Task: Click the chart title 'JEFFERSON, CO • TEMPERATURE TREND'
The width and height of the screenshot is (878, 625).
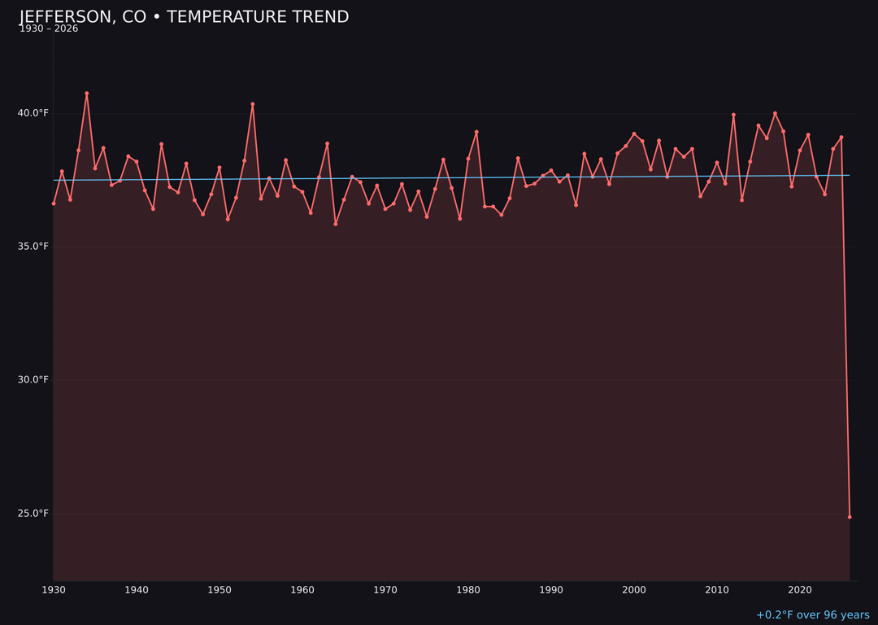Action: pyautogui.click(x=184, y=17)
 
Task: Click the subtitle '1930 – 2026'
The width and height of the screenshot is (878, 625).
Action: pyautogui.click(x=49, y=29)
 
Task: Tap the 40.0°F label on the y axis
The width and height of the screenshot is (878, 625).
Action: pyautogui.click(x=33, y=113)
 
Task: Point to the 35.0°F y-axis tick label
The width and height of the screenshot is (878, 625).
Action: pyautogui.click(x=33, y=247)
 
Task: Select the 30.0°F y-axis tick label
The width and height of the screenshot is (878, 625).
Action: pyautogui.click(x=33, y=380)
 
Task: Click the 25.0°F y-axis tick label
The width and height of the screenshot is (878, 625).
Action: pyautogui.click(x=33, y=514)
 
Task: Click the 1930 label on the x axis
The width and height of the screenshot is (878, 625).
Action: pyautogui.click(x=54, y=590)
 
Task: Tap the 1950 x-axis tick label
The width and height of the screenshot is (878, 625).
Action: pyautogui.click(x=219, y=590)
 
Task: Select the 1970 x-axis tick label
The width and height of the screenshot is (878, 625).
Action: pyautogui.click(x=385, y=590)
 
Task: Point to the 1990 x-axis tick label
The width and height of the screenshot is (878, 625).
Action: pyautogui.click(x=551, y=590)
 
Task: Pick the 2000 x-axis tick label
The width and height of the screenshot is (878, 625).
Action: pyautogui.click(x=634, y=590)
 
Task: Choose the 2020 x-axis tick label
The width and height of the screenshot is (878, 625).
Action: pyautogui.click(x=800, y=590)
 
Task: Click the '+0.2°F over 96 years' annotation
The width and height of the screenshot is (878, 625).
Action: pyautogui.click(x=812, y=615)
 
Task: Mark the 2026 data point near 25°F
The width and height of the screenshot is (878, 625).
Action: pyautogui.click(x=850, y=517)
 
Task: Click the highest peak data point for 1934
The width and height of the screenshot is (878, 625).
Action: pyautogui.click(x=87, y=94)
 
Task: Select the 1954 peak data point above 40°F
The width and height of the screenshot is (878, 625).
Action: pyautogui.click(x=253, y=104)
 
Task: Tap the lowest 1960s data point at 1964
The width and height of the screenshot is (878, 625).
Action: pyautogui.click(x=336, y=224)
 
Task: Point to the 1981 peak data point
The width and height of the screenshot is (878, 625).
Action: pyautogui.click(x=476, y=132)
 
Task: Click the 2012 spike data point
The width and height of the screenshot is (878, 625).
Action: pyautogui.click(x=733, y=115)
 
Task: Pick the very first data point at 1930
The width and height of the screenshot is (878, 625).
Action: pyautogui.click(x=54, y=203)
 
